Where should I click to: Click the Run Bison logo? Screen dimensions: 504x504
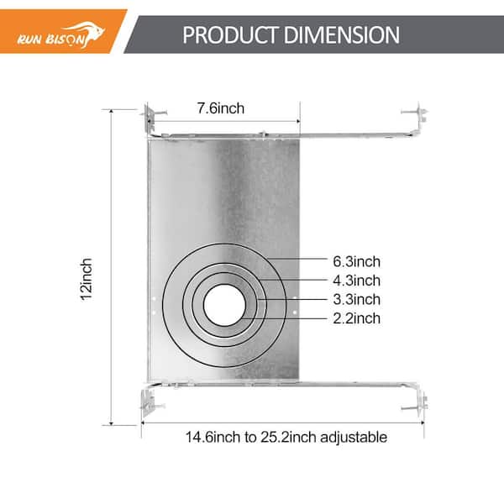click(x=61, y=34)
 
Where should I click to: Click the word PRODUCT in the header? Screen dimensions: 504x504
click(x=230, y=34)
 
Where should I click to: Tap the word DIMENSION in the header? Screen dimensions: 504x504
click(x=342, y=34)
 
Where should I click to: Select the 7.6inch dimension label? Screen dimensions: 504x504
click(x=220, y=108)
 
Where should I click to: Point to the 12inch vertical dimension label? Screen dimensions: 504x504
click(x=87, y=280)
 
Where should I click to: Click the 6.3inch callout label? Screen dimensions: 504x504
click(x=356, y=261)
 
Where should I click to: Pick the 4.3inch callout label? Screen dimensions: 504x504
click(x=356, y=281)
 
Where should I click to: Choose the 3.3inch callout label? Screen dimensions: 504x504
click(x=356, y=300)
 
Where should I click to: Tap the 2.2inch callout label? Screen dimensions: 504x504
click(x=356, y=318)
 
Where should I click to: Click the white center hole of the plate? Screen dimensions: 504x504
click(x=224, y=305)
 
